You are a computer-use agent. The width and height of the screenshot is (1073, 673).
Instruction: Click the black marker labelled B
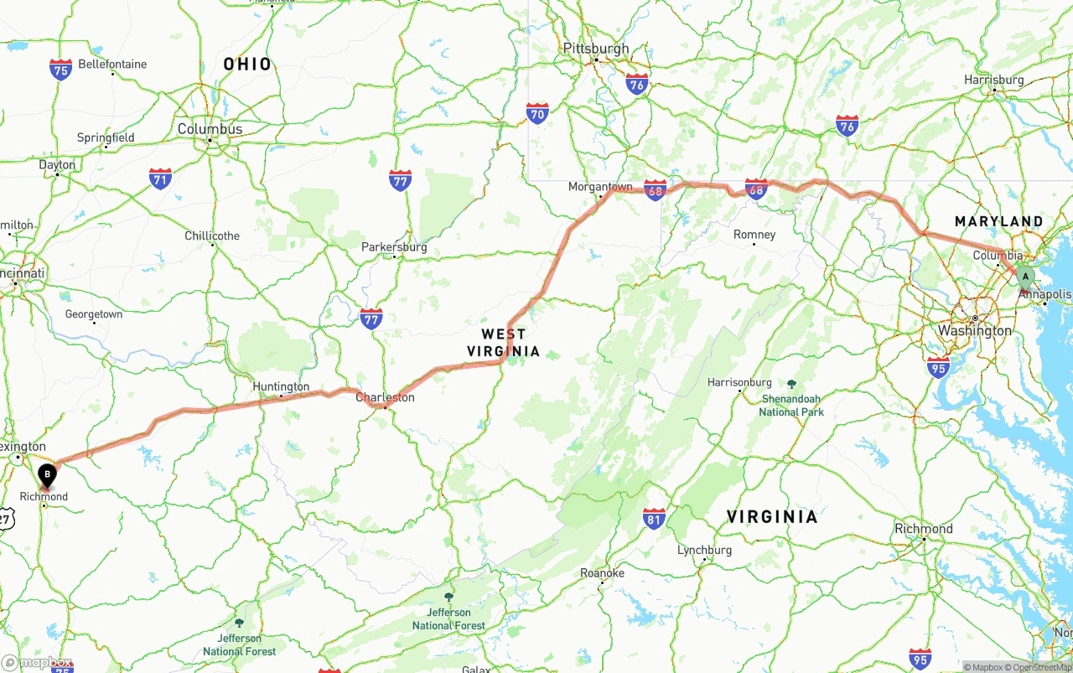coord(48,475)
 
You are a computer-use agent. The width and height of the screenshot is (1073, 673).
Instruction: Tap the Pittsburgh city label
coord(596,49)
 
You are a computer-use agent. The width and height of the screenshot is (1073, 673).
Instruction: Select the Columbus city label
coord(210,129)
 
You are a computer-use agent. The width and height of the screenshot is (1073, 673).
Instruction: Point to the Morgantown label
coord(600,187)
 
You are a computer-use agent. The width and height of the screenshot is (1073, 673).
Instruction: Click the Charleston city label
coord(385,397)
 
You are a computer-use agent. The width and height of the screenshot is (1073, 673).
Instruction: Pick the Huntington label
coord(281,386)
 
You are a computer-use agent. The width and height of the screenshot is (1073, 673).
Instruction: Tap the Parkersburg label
coord(394,247)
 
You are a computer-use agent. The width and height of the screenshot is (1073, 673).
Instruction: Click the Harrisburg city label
coord(994,80)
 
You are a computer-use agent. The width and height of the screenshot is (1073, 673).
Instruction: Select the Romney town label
coord(754,235)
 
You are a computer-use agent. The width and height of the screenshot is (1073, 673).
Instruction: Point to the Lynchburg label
coord(704,550)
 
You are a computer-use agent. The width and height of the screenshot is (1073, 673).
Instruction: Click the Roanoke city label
coord(602,573)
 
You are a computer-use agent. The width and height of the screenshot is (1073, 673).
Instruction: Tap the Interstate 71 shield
coord(160,178)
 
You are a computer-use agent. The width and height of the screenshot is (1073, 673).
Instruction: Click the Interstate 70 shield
coord(537,113)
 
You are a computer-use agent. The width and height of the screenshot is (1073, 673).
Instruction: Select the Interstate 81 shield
coord(654,518)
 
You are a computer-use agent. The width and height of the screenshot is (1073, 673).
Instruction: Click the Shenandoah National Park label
coord(791,405)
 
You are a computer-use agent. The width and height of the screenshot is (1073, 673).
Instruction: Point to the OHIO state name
coord(247,64)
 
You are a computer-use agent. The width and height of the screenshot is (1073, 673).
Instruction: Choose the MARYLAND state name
coord(999,221)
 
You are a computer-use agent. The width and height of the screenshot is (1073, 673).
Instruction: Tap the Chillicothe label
coord(212,236)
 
